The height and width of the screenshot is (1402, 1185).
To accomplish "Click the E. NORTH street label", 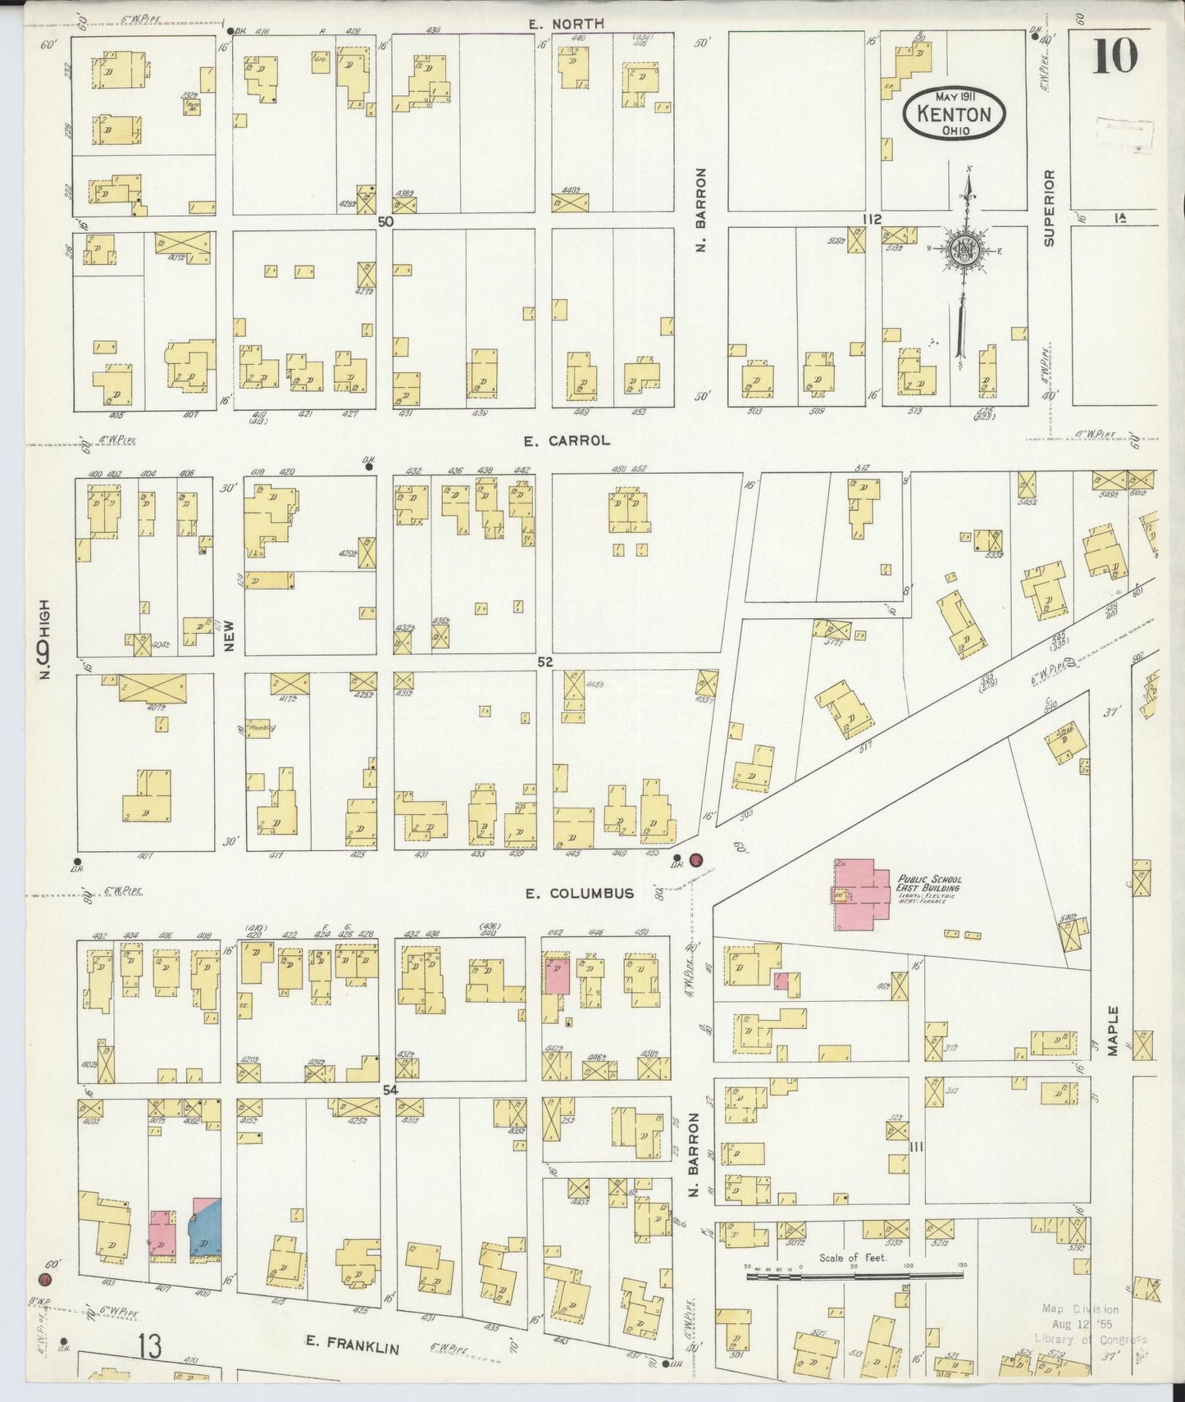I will [566, 24].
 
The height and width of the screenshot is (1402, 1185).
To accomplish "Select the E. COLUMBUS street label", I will [581, 893].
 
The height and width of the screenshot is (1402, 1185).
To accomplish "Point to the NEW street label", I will [230, 635].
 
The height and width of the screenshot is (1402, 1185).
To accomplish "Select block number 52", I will [546, 662].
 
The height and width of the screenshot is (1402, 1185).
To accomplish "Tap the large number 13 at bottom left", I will [149, 1345].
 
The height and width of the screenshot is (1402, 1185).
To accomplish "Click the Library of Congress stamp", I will [1091, 1324].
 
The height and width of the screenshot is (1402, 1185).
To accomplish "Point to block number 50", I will [385, 221].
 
